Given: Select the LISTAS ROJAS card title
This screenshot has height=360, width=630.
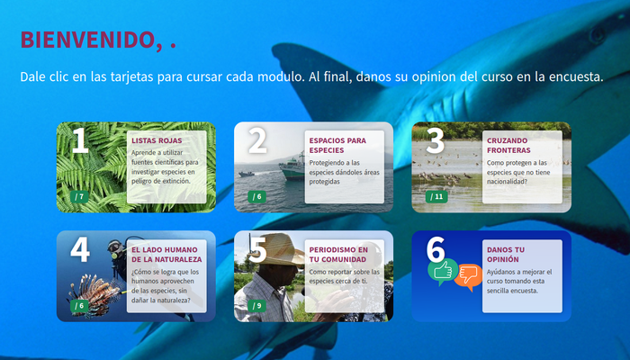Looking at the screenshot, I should (157, 141).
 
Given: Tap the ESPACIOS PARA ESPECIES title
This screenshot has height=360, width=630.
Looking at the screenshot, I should (337, 145).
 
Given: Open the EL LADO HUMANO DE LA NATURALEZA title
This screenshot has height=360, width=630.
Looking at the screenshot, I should (166, 254).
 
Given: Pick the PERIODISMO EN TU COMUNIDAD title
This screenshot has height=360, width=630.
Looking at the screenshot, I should (338, 254).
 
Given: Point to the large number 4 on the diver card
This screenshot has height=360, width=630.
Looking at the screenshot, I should (80, 249).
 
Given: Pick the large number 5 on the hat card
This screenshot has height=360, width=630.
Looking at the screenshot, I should (257, 249).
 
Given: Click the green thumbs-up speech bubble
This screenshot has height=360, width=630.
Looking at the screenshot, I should (442, 270).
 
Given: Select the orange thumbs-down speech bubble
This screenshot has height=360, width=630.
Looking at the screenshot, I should (468, 275).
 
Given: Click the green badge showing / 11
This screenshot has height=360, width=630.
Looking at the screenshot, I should (436, 196).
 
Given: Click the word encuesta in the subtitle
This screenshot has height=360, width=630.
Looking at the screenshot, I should (571, 77).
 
